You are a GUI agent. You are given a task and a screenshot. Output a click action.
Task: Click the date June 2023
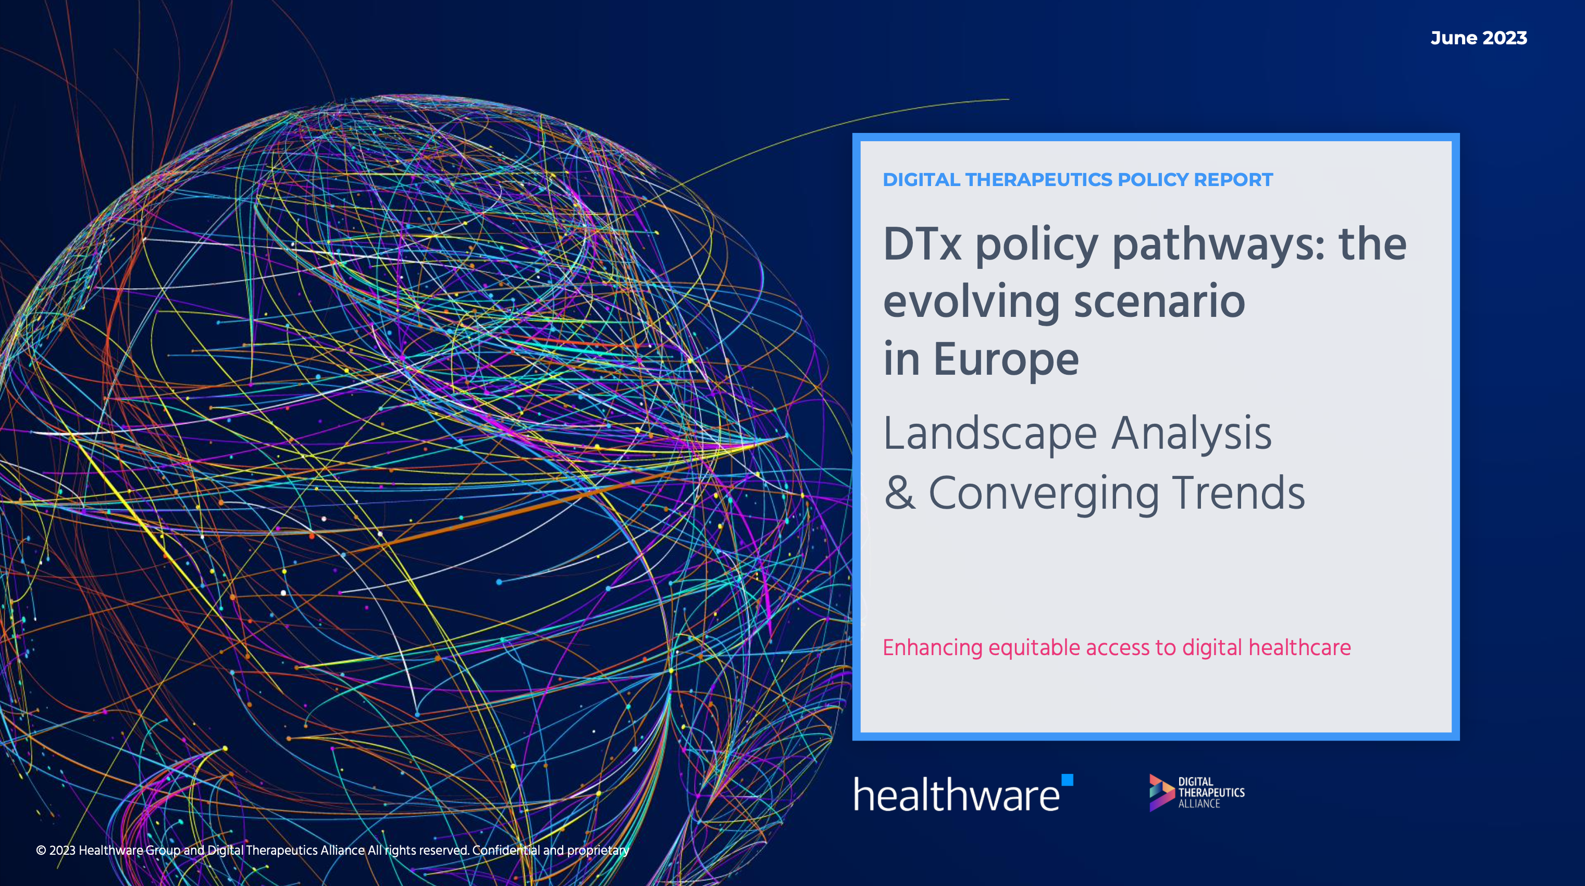click(1479, 38)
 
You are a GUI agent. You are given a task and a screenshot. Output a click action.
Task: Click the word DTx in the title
click(922, 245)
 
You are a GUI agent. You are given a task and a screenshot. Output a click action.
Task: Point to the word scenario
click(1159, 302)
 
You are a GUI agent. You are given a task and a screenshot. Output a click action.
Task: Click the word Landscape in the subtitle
click(990, 434)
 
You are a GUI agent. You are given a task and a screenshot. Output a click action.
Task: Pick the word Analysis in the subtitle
click(1191, 434)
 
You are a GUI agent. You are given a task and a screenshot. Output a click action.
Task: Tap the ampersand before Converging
click(899, 493)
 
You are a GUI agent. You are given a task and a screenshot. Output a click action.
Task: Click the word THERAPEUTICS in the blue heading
click(1038, 180)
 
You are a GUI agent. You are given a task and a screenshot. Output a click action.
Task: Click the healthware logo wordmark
click(957, 794)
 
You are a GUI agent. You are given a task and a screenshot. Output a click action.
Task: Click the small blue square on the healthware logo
click(1068, 780)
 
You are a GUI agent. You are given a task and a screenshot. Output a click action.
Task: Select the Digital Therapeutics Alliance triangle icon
click(1161, 793)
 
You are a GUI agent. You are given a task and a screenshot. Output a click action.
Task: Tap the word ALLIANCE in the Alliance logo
click(1198, 804)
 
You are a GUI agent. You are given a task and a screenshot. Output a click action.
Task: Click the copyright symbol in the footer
click(41, 851)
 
